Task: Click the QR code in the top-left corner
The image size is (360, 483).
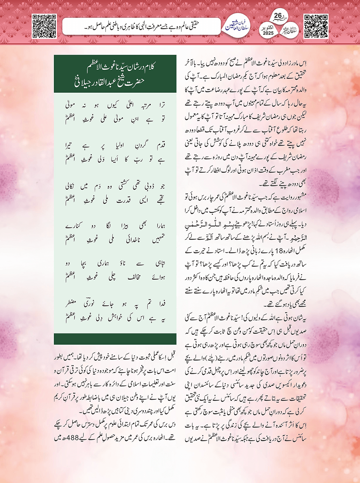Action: click(44, 26)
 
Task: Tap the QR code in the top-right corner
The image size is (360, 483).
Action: click(316, 26)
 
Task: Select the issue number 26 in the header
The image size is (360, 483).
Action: click(278, 16)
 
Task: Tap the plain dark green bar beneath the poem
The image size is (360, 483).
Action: click(115, 339)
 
